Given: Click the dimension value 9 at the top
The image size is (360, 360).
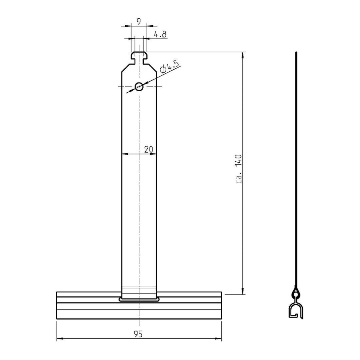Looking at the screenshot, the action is coord(139,21).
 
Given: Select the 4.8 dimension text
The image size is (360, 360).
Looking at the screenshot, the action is coord(160,34).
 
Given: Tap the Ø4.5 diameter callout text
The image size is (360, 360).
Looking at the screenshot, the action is coord(170,67).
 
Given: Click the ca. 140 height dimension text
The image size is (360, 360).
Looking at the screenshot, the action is coord(239,169).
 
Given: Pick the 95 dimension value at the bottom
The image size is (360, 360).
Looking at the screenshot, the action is coord(138,334).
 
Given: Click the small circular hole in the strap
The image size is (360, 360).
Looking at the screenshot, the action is coord(139,86).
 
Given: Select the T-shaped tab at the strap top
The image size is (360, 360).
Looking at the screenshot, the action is coord(139,58).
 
